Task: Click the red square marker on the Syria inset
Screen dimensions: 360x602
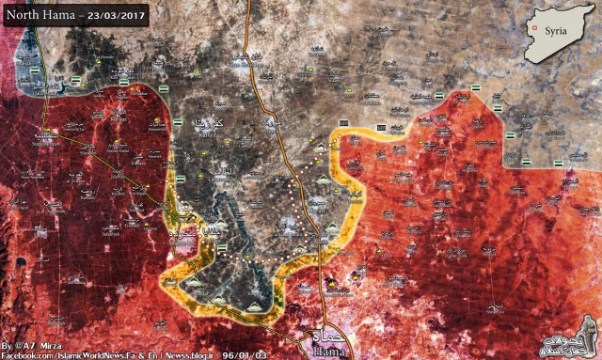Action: point(537,28)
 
